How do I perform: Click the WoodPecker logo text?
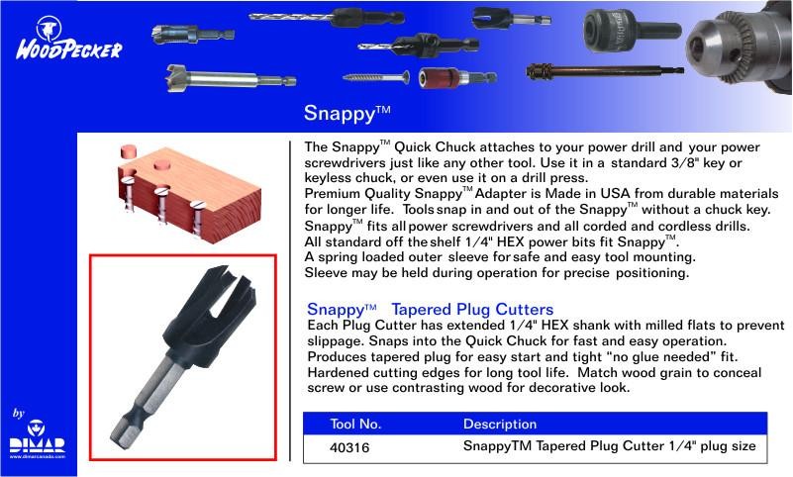(68, 50)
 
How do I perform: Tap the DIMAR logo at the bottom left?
(38, 439)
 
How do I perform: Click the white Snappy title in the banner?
(347, 113)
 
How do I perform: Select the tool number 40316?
(349, 447)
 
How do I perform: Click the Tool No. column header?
(355, 424)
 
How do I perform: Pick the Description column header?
(500, 424)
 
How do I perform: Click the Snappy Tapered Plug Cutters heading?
(430, 309)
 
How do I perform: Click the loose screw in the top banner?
(376, 77)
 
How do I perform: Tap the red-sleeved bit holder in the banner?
(457, 78)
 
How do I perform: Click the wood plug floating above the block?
(129, 151)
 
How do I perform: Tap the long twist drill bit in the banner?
(327, 18)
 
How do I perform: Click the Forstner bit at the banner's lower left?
(231, 79)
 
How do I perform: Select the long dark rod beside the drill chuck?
(605, 71)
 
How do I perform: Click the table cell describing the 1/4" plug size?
(610, 446)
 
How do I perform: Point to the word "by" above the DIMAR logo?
(19, 414)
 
